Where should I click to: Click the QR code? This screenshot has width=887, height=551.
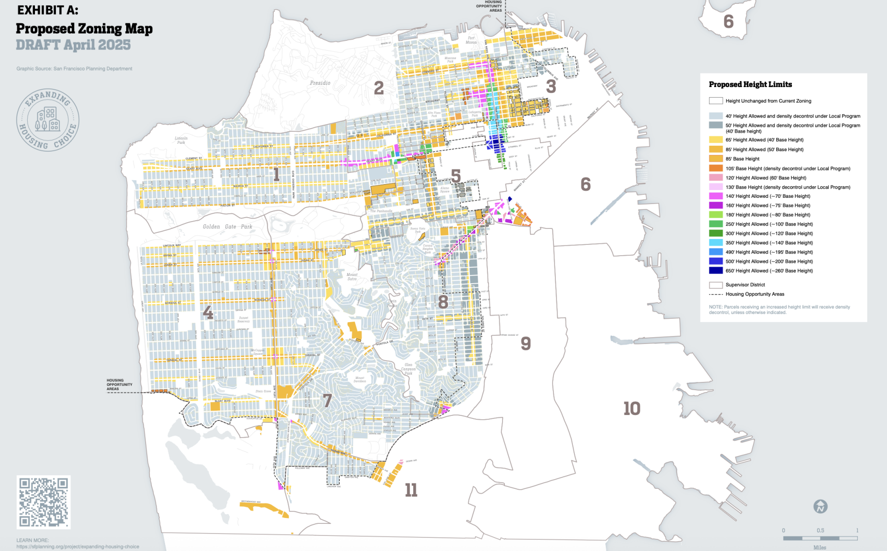44,502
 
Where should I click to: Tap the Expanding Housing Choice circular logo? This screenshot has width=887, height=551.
48,120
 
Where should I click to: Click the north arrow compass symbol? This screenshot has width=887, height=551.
820,506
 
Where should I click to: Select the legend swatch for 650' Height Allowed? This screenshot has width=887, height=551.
716,271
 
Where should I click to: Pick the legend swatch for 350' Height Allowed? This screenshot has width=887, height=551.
716,242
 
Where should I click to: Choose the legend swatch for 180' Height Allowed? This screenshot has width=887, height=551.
716,215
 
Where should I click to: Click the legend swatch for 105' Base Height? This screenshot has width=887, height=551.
716,168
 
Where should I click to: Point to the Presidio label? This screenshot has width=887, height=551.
320,83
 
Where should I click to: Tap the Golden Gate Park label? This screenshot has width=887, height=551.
228,226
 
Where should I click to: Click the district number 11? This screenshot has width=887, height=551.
411,490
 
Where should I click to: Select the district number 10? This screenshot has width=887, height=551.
632,408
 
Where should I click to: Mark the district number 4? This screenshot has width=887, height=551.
208,312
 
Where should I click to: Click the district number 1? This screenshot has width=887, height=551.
276,174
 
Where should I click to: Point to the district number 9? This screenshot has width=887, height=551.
526,344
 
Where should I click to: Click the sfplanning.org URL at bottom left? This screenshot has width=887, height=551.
78,547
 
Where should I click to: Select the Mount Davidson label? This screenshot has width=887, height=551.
360,379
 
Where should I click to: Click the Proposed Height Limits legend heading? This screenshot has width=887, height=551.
750,84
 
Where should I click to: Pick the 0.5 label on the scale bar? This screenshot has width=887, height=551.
820,530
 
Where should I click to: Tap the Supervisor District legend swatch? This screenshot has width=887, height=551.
716,285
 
